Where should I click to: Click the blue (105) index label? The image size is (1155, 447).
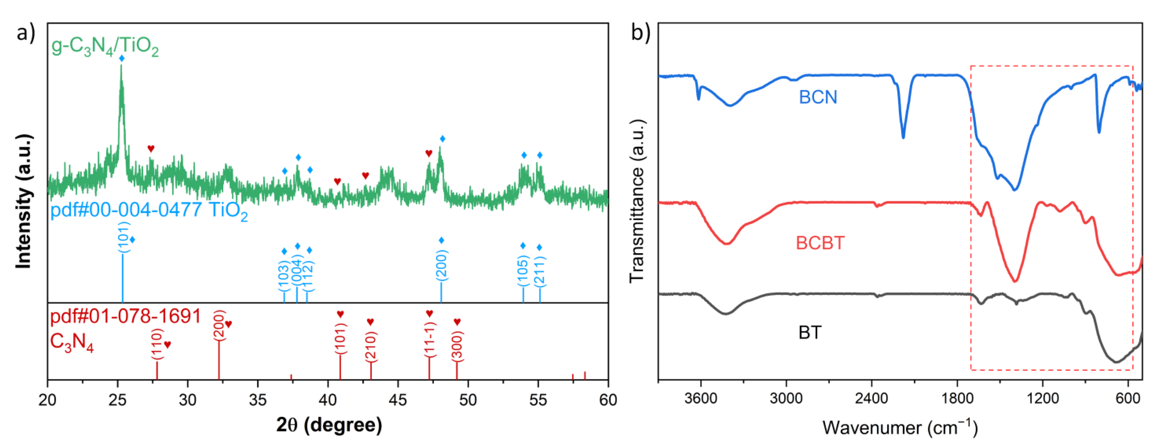[x=523, y=271]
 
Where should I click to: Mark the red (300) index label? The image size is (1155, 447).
[x=457, y=346]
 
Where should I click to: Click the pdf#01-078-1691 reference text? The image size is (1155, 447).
[x=125, y=317]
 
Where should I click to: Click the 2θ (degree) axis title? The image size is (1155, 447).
[x=329, y=424]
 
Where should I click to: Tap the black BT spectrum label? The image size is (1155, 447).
[x=810, y=332]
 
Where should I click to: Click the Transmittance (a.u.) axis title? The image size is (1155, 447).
[x=637, y=201]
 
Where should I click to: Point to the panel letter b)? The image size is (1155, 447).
[x=640, y=32]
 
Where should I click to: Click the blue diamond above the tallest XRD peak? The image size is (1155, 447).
[x=121, y=58]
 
